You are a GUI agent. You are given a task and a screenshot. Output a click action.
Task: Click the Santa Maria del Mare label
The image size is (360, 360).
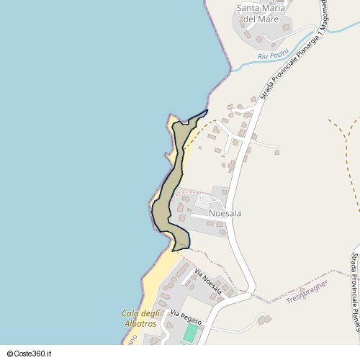pyautogui.click(x=261, y=13)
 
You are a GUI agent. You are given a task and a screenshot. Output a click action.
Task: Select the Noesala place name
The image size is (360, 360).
pyautogui.click(x=225, y=213)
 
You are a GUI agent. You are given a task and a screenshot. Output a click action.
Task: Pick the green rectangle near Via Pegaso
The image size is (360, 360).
pyautogui.click(x=190, y=333)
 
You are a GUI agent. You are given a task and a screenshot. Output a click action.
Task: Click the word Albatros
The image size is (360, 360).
pyautogui.click(x=140, y=324)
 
